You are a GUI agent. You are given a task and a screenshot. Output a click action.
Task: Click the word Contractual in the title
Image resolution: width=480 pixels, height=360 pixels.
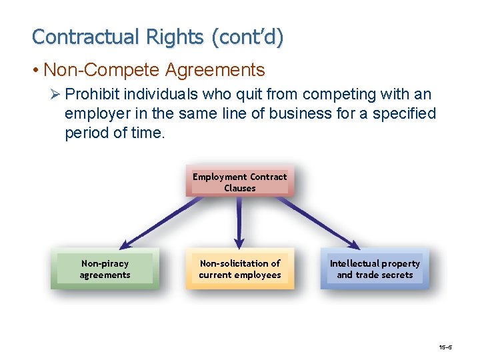(x=75, y=37)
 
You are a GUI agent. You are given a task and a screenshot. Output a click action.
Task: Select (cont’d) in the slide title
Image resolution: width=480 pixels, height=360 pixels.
(x=247, y=37)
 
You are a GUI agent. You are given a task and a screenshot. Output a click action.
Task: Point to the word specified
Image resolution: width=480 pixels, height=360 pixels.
(x=405, y=114)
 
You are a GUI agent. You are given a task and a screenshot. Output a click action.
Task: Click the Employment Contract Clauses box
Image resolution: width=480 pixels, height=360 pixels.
(x=239, y=182)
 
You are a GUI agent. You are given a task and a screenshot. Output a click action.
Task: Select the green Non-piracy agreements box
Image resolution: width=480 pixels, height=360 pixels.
(x=105, y=269)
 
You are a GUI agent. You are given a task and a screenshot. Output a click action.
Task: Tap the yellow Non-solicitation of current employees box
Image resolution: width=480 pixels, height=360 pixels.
(x=239, y=269)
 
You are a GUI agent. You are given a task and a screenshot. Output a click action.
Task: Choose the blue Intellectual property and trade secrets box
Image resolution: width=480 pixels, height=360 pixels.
(x=375, y=269)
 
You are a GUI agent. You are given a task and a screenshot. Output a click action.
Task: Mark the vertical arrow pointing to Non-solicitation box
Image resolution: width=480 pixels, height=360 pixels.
(x=239, y=223)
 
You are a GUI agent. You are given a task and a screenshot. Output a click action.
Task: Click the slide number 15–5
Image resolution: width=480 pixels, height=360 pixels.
(x=446, y=347)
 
